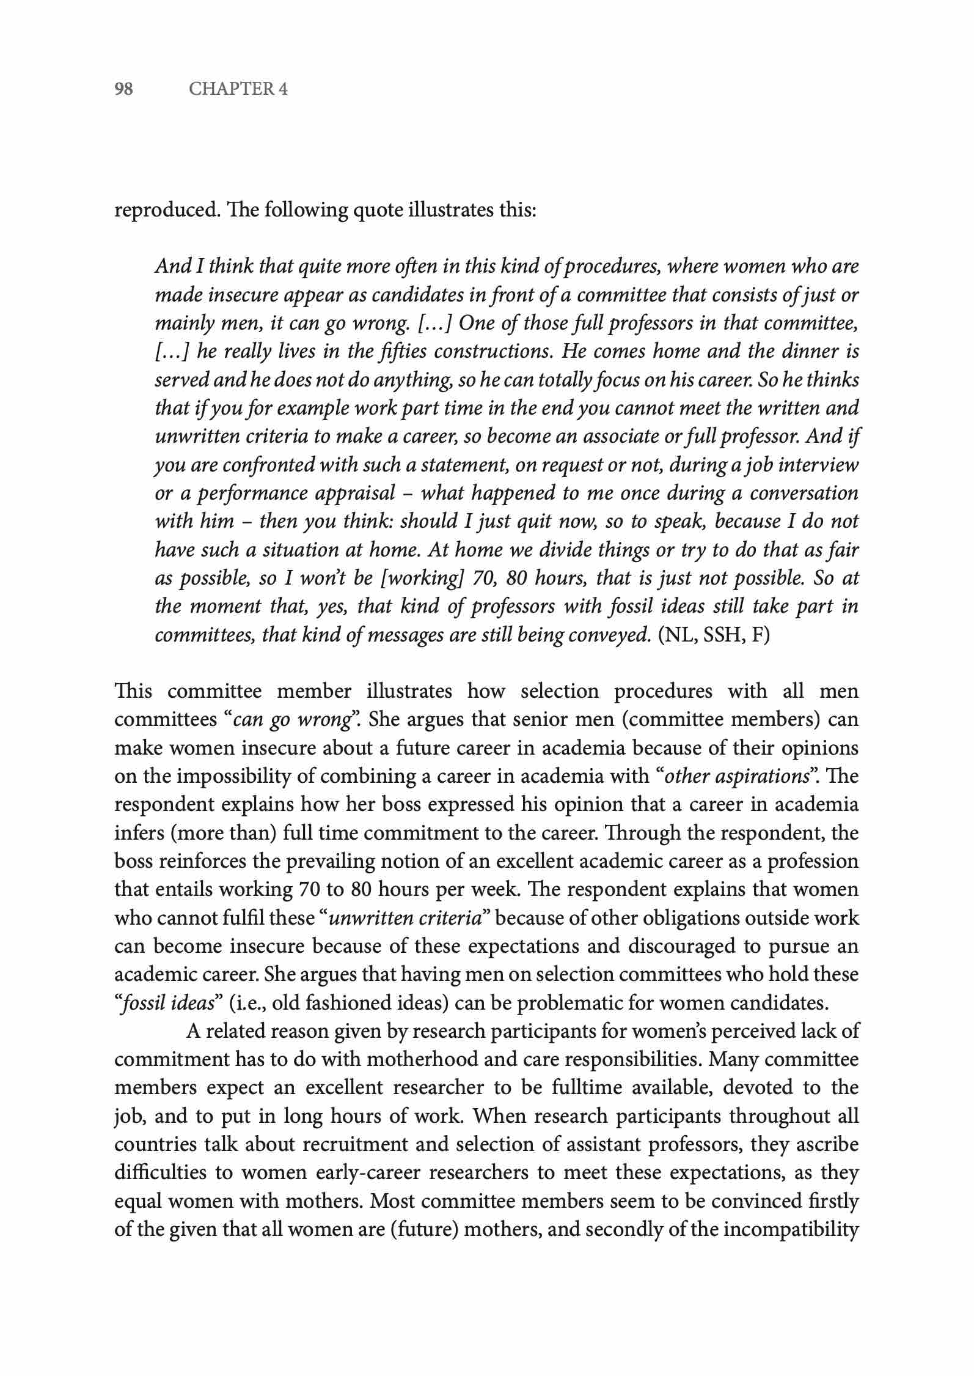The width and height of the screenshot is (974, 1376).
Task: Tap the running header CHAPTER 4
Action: click(x=238, y=89)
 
